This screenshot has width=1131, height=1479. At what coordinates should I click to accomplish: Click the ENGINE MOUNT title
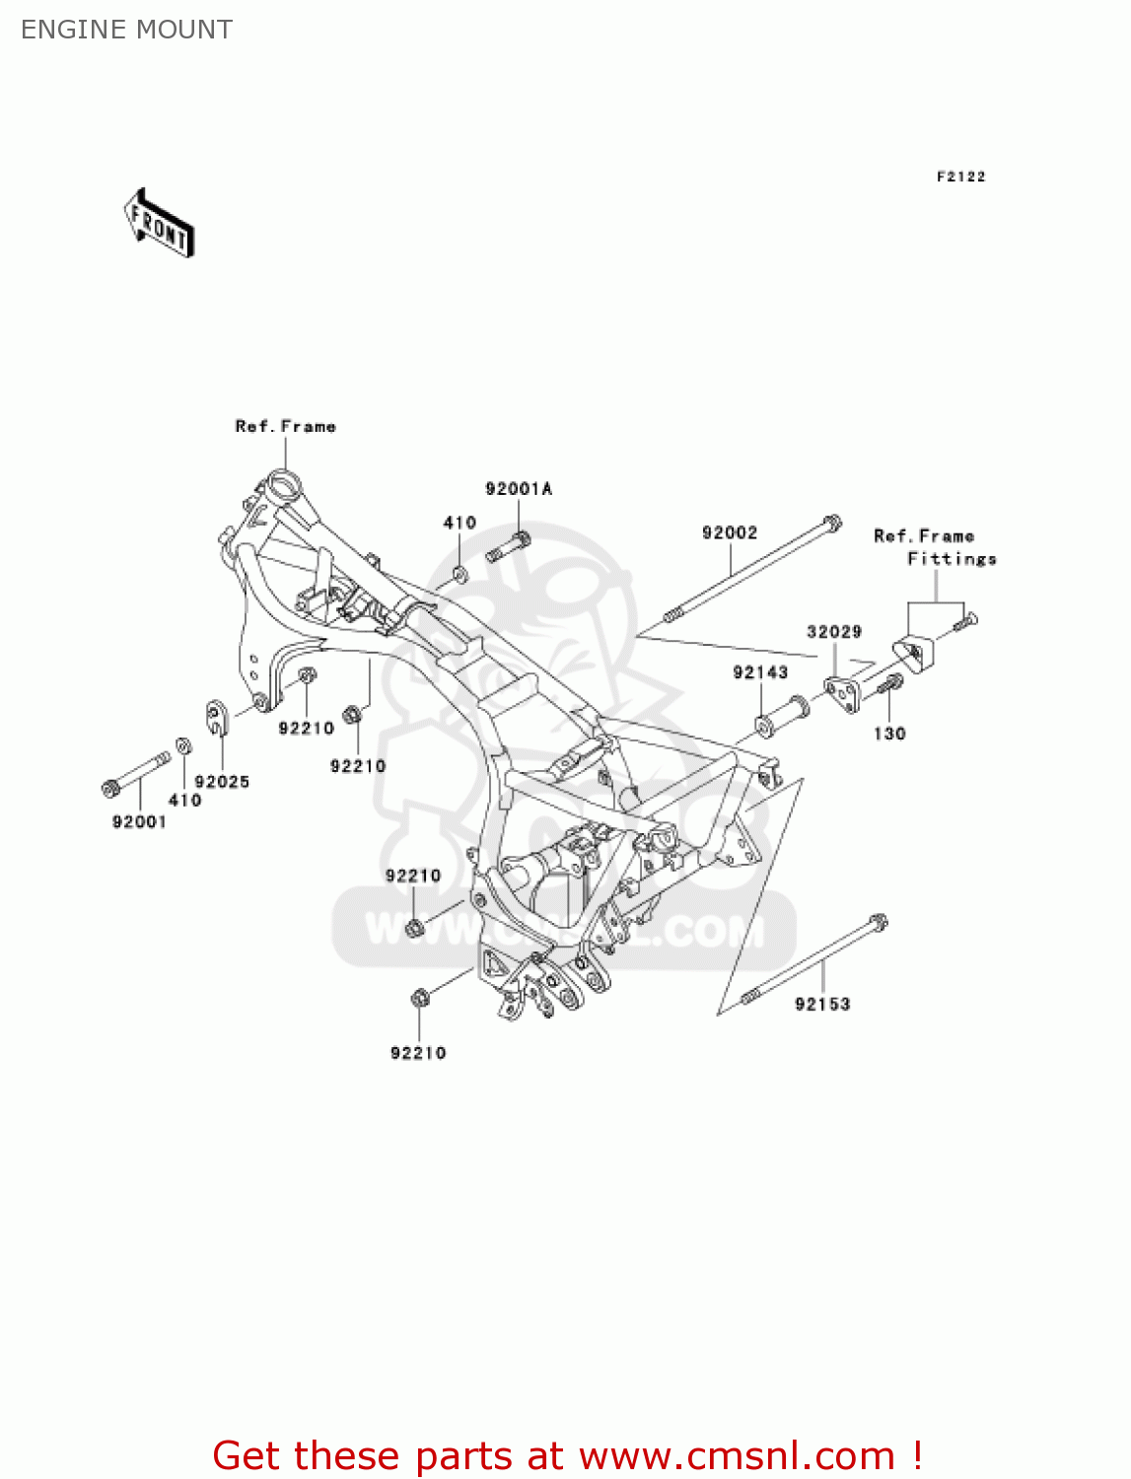point(126,30)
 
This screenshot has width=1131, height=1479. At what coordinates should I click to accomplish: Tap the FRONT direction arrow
point(159,225)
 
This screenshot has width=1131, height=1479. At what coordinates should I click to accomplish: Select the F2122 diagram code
point(960,176)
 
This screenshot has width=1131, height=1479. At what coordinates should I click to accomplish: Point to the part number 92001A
point(519,489)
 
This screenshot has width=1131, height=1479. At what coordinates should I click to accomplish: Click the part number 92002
point(730,532)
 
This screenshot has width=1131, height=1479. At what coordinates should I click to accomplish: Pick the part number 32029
point(834,632)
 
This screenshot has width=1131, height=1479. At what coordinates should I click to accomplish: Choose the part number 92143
point(760,672)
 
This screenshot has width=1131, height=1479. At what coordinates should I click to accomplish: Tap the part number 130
point(889,734)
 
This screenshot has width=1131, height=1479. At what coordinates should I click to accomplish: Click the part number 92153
point(822,1004)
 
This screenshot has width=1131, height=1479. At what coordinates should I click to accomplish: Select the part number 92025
point(222,782)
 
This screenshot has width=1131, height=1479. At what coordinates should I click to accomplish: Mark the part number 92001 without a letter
point(139,822)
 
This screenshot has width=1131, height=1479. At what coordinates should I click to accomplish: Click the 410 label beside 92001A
point(459,523)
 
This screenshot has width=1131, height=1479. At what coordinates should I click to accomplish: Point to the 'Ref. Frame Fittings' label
point(934,547)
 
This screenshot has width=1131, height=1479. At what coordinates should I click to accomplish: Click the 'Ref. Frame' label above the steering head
point(285,426)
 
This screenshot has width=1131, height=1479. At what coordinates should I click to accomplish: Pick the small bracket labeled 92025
point(218,716)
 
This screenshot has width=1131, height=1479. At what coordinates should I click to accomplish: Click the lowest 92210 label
point(418,1053)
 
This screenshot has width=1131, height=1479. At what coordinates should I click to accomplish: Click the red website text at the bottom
point(567,1455)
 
